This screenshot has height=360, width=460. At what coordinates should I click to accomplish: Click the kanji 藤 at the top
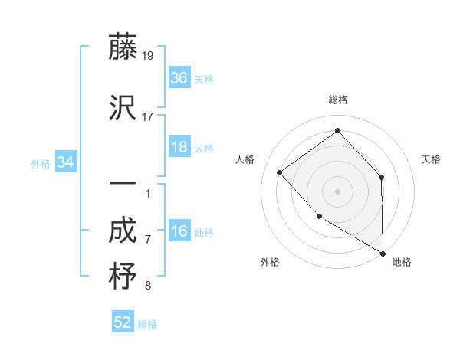[123, 47]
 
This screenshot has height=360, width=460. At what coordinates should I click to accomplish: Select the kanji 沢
[123, 109]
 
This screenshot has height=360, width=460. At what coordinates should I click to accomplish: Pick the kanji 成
[123, 231]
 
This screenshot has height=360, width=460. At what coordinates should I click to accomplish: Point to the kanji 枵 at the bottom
[123, 277]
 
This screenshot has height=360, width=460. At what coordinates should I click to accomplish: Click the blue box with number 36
[179, 78]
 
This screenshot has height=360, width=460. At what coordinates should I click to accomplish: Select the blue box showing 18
[179, 147]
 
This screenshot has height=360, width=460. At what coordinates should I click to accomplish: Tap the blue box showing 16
[179, 232]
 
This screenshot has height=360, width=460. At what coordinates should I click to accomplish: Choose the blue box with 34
[66, 162]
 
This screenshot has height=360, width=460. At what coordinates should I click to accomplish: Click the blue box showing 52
[123, 322]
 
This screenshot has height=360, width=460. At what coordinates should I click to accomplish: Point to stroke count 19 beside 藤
[148, 56]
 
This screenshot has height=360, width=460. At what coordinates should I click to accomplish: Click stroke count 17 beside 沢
[148, 117]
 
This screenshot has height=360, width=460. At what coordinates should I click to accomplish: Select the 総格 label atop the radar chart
[337, 100]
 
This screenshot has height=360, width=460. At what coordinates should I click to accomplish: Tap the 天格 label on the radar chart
[431, 159]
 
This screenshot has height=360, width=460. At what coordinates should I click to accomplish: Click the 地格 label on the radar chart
[402, 262]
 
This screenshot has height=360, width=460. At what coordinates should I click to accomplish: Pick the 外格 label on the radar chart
[270, 262]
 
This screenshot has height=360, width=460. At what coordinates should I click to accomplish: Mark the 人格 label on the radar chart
[245, 159]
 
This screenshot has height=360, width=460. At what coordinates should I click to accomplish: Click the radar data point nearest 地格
[383, 253]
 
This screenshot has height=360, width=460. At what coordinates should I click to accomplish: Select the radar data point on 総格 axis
[337, 130]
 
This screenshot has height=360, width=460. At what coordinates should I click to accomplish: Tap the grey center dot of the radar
[337, 191]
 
